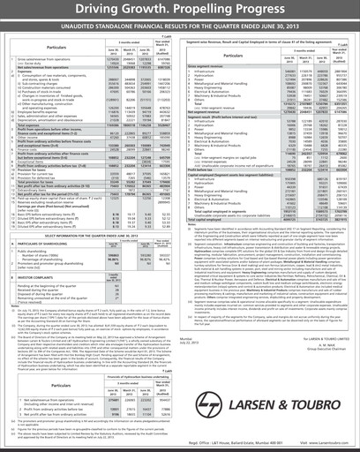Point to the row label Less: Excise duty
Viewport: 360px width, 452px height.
tap(33, 64)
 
